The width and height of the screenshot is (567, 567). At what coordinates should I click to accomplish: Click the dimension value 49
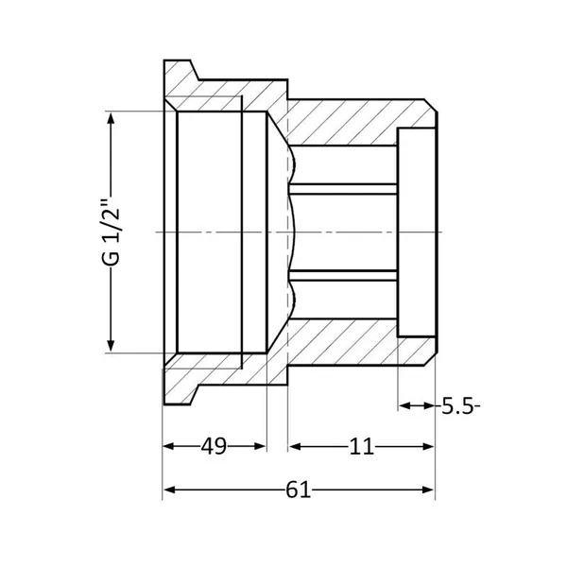click(214, 446)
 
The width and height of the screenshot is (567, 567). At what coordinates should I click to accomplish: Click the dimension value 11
click(361, 447)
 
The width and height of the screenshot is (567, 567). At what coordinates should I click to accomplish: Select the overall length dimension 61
click(298, 490)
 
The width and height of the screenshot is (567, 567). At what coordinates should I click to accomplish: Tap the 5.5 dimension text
click(457, 406)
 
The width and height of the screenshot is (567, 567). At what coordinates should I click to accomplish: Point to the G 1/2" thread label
click(111, 232)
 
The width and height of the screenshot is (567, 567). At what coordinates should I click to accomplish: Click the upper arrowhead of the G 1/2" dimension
click(111, 117)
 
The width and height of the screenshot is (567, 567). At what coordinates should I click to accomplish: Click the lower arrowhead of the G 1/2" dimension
click(111, 346)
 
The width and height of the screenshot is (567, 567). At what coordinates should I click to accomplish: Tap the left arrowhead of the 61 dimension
click(169, 490)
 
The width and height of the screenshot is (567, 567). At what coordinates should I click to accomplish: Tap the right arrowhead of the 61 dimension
click(428, 490)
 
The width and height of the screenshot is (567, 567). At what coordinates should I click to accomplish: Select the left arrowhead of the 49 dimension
click(169, 446)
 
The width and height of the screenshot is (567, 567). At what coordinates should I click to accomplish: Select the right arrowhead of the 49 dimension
click(261, 446)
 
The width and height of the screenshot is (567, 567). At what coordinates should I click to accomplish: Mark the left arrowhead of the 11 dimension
click(295, 447)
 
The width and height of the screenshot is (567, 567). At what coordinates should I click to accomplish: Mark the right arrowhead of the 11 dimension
click(428, 447)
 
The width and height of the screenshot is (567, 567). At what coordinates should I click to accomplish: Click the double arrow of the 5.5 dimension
click(417, 405)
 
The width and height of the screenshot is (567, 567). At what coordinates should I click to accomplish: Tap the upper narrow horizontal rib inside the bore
click(343, 189)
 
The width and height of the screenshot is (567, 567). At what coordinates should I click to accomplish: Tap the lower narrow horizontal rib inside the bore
click(343, 275)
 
